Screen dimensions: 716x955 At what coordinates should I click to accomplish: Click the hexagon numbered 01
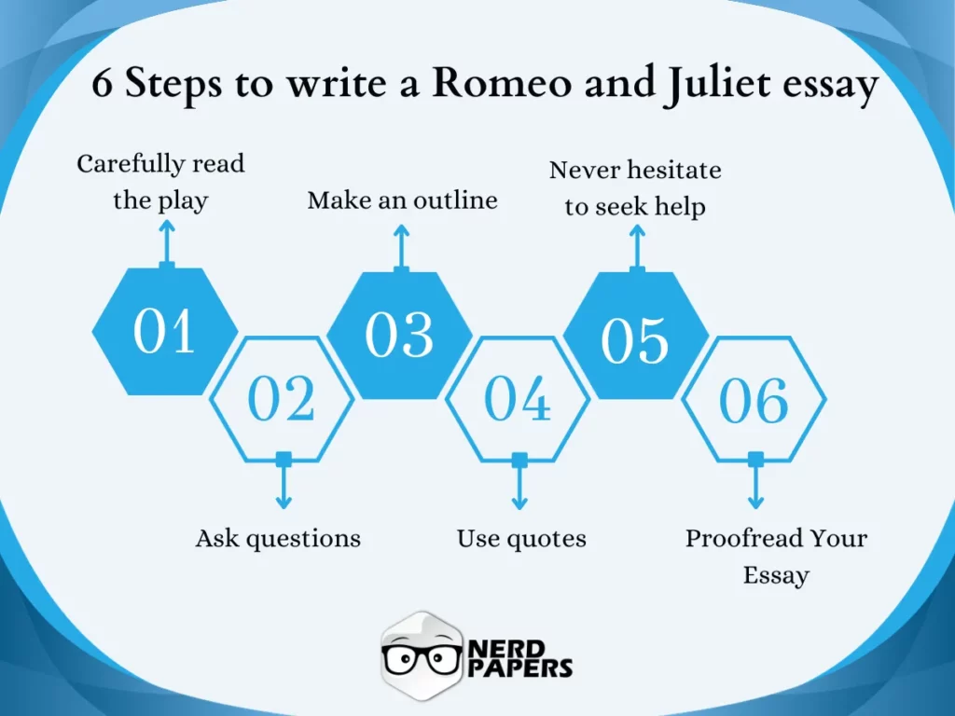pyautogui.click(x=165, y=332)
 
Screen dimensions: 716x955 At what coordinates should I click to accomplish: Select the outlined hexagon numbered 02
pyautogui.click(x=282, y=399)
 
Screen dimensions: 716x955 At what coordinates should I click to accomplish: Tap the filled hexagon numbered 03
pyautogui.click(x=400, y=335)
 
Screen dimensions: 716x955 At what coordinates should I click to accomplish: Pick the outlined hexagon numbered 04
pyautogui.click(x=518, y=399)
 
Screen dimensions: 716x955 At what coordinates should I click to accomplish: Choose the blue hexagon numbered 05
pyautogui.click(x=635, y=337)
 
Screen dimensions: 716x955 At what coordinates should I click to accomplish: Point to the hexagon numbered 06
pyautogui.click(x=754, y=400)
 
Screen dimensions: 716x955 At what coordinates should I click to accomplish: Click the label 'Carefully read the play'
pyautogui.click(x=160, y=182)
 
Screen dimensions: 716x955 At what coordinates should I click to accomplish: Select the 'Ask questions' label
pyautogui.click(x=278, y=538)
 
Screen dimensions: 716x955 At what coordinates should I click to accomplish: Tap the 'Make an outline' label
pyautogui.click(x=402, y=200)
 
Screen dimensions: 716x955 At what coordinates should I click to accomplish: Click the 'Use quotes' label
pyautogui.click(x=521, y=538)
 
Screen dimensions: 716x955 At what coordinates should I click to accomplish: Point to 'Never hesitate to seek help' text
pyautogui.click(x=635, y=187)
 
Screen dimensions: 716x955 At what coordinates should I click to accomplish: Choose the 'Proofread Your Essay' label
pyautogui.click(x=776, y=556)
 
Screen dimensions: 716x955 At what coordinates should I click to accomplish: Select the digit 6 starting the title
pyautogui.click(x=102, y=85)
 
